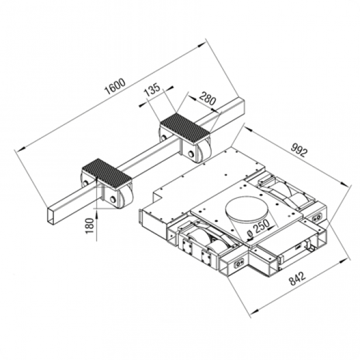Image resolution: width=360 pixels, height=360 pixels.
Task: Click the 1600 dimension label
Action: click(x=115, y=86)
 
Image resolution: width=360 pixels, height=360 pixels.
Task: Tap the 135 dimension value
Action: click(x=152, y=90)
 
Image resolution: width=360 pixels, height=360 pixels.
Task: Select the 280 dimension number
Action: click(x=207, y=99)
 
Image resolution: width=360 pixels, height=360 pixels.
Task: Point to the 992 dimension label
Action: click(x=299, y=150)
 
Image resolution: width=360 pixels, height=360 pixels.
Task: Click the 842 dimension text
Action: click(x=297, y=279)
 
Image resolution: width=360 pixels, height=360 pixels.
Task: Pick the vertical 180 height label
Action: click(x=90, y=226)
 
